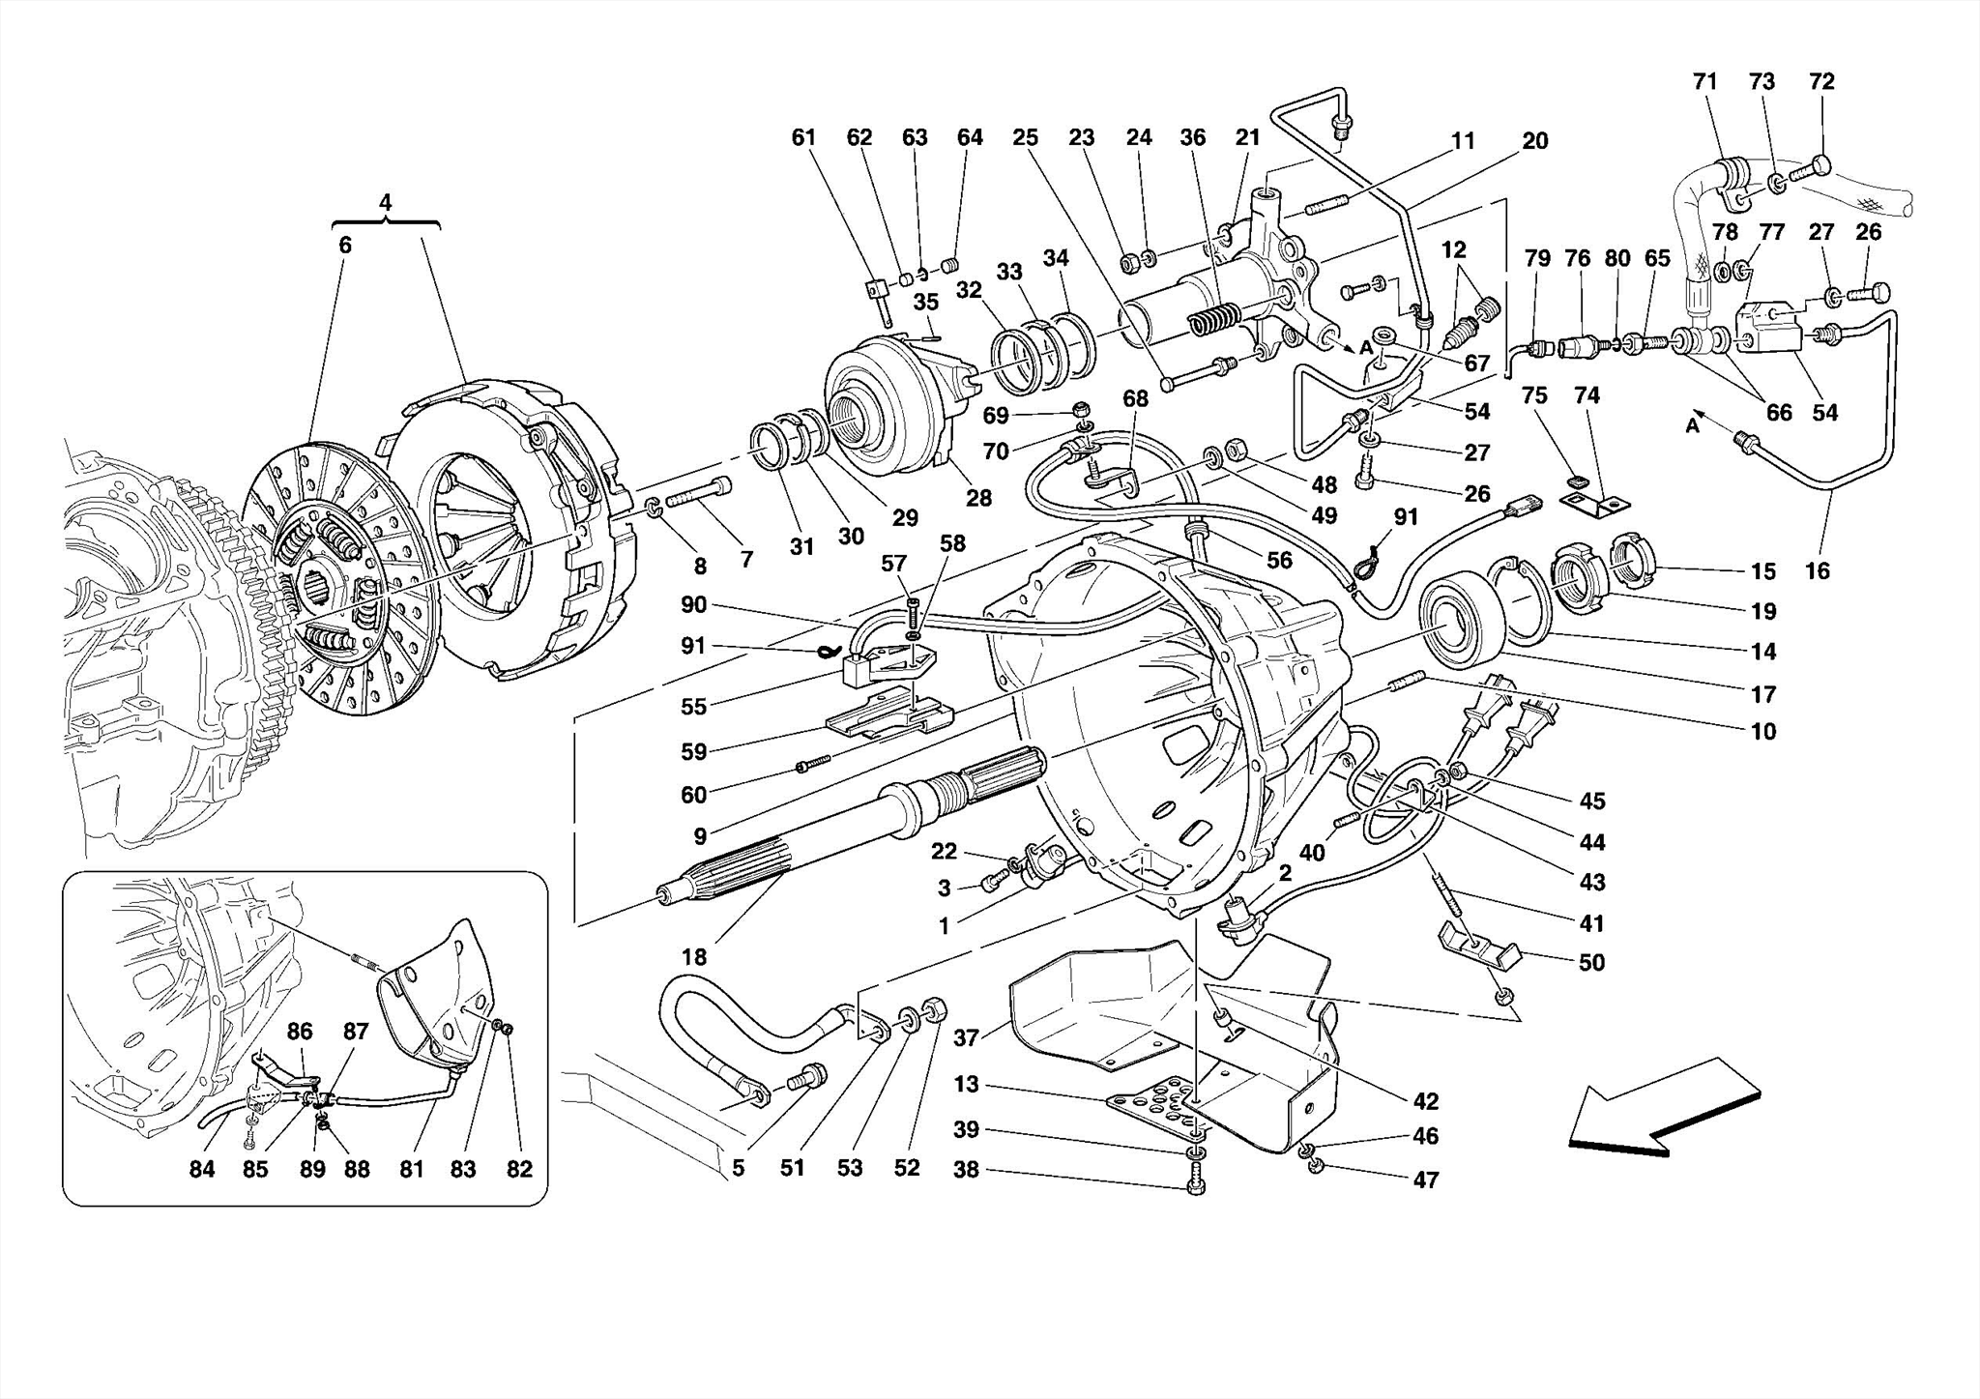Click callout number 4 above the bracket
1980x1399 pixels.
pyautogui.click(x=386, y=203)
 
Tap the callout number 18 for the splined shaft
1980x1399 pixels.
pyautogui.click(x=693, y=957)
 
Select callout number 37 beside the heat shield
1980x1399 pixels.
pyautogui.click(x=966, y=1038)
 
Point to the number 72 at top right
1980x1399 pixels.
pyautogui.click(x=1821, y=82)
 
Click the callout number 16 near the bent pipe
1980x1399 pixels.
pyautogui.click(x=1817, y=571)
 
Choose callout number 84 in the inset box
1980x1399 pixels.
pyautogui.click(x=201, y=1170)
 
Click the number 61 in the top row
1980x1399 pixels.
pyautogui.click(x=803, y=137)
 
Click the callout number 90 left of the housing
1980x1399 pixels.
pyautogui.click(x=693, y=605)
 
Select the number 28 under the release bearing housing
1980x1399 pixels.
pyautogui.click(x=978, y=498)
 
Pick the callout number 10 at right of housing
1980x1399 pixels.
pyautogui.click(x=1762, y=732)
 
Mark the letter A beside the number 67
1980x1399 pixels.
pyautogui.click(x=1366, y=347)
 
